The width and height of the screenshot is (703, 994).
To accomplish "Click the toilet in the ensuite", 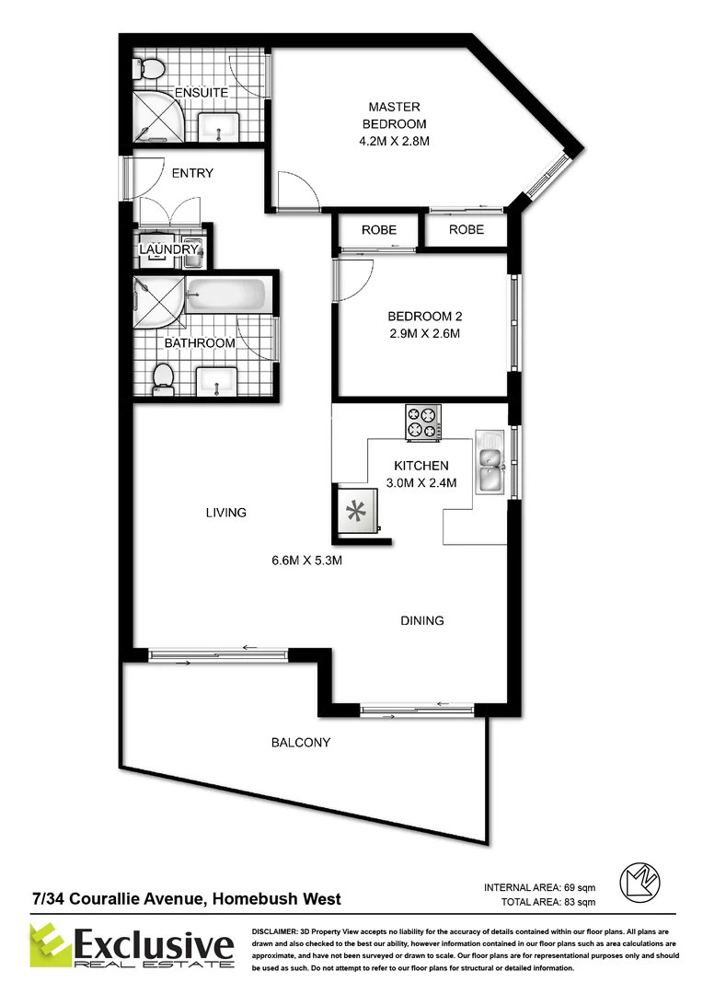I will click(x=150, y=69).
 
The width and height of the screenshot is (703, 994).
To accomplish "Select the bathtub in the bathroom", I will click(x=225, y=295).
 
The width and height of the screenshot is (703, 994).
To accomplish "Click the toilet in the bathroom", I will click(x=163, y=376).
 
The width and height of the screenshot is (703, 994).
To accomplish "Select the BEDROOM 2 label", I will click(x=424, y=325).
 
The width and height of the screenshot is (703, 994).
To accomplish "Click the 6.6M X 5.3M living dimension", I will click(x=306, y=562).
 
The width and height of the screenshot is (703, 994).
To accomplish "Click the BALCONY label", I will click(x=300, y=742).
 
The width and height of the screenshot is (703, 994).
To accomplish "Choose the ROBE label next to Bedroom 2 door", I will click(x=378, y=229).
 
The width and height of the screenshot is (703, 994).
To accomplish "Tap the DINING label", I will click(x=422, y=620).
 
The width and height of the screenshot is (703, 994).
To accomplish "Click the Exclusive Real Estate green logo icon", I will click(x=51, y=947).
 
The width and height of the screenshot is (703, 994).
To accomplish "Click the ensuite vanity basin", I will click(x=219, y=127).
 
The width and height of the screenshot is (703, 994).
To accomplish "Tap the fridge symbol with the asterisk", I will click(x=354, y=513).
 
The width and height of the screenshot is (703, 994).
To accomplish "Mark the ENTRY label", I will click(x=192, y=173).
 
